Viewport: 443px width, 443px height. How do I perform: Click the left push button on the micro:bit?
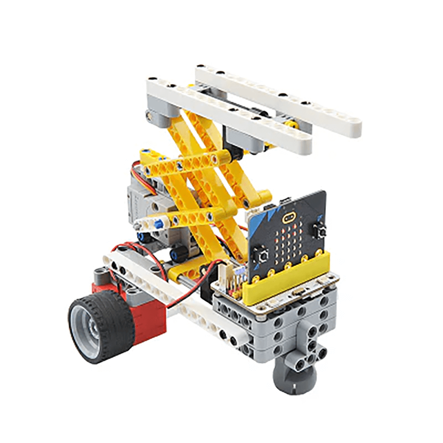pos(261,255)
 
